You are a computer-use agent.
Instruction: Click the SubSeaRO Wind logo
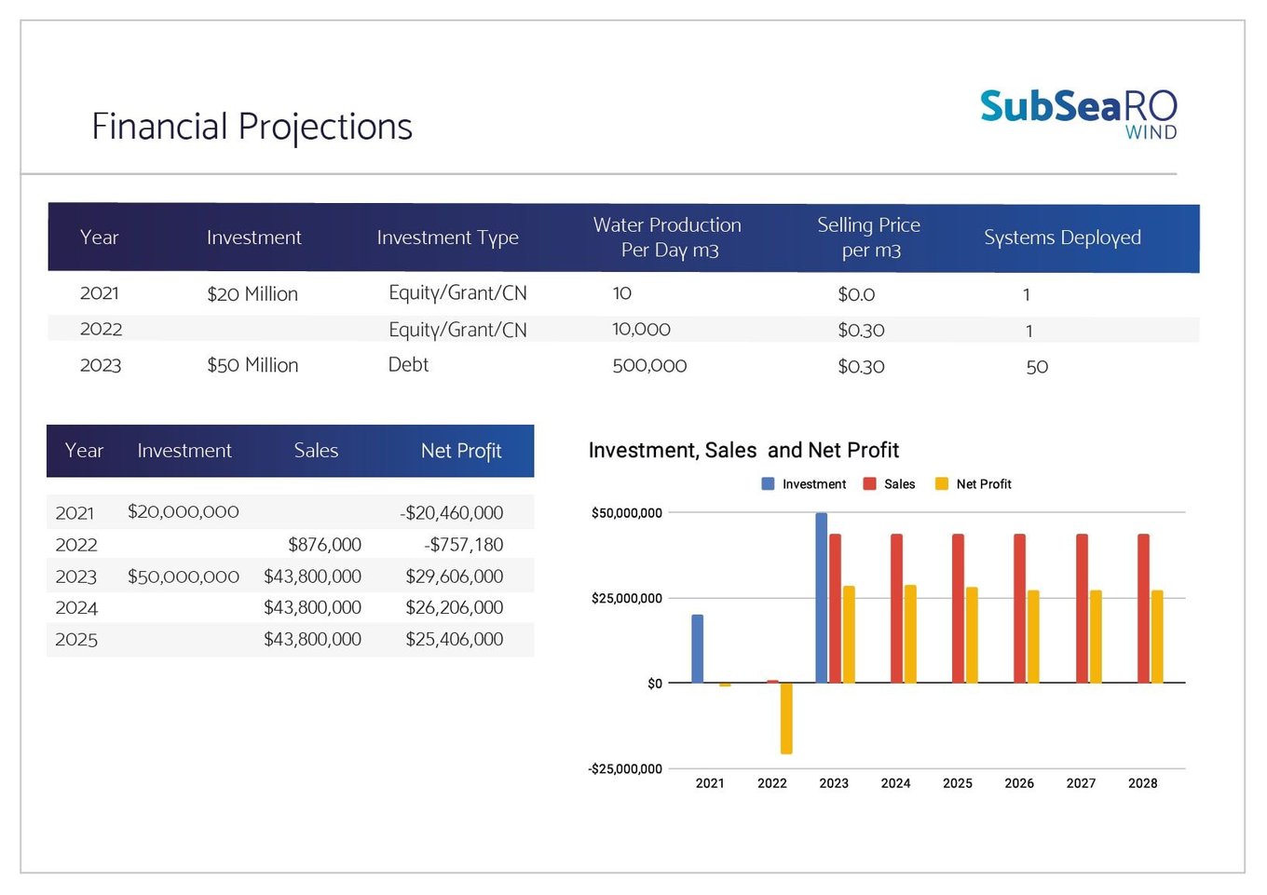pyautogui.click(x=1078, y=114)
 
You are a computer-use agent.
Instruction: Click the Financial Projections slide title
pyautogui.click(x=252, y=127)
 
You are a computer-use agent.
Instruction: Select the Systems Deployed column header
pyautogui.click(x=1062, y=238)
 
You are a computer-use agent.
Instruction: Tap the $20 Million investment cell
pyautogui.click(x=252, y=294)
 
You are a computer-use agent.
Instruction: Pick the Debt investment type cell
pyautogui.click(x=408, y=365)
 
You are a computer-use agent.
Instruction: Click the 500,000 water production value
pyautogui.click(x=649, y=365)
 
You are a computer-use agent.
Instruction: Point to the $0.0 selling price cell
pyautogui.click(x=856, y=294)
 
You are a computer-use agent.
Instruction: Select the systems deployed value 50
pyautogui.click(x=1037, y=367)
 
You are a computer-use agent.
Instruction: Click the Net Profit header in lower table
pyautogui.click(x=461, y=451)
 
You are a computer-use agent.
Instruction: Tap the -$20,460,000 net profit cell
pyautogui.click(x=451, y=513)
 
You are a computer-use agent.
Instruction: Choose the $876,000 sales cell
pyautogui.click(x=324, y=545)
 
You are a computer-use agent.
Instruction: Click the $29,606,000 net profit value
pyautogui.click(x=455, y=576)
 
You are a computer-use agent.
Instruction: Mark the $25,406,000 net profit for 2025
pyautogui.click(x=455, y=639)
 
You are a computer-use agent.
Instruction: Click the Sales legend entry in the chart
pyautogui.click(x=889, y=484)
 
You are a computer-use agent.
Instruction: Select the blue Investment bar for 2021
pyautogui.click(x=698, y=649)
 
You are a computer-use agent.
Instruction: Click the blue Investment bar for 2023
pyautogui.click(x=822, y=598)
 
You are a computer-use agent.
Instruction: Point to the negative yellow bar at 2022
pyautogui.click(x=786, y=719)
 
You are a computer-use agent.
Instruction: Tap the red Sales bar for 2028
pyautogui.click(x=1143, y=608)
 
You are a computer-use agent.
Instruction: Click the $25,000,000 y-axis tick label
pyautogui.click(x=627, y=598)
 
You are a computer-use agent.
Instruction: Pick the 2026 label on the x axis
pyautogui.click(x=1019, y=783)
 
